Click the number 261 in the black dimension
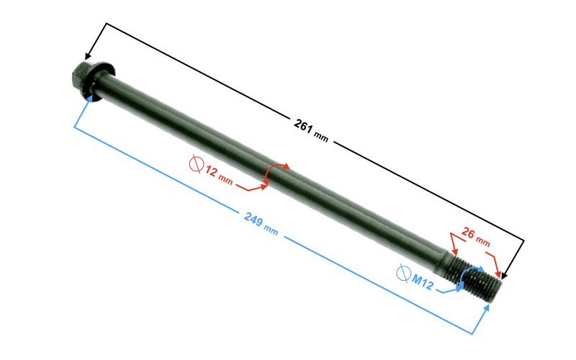(x=303, y=125)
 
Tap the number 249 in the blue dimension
(x=253, y=219)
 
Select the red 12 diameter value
(x=211, y=171)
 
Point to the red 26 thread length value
(x=468, y=232)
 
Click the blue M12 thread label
(x=423, y=282)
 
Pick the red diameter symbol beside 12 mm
(x=197, y=164)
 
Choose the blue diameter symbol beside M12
(x=403, y=274)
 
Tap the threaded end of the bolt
(x=474, y=278)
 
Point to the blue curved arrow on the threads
(x=470, y=273)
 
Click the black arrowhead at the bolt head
(x=88, y=55)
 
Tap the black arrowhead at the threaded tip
(x=505, y=275)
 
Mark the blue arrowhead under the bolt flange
(x=89, y=99)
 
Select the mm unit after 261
(x=321, y=137)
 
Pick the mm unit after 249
(x=271, y=230)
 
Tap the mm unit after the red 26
(x=483, y=241)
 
